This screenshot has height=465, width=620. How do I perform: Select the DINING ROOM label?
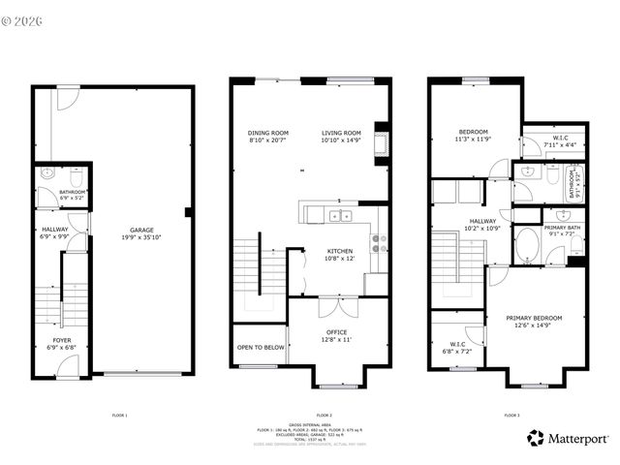(x=268, y=133)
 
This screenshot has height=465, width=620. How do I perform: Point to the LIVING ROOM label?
(x=341, y=133)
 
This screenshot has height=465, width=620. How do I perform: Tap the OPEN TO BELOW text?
(x=261, y=347)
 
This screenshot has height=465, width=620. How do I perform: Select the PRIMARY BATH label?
(x=561, y=227)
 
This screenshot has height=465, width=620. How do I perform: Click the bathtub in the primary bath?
(x=528, y=245)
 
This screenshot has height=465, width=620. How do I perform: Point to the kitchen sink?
(x=338, y=215)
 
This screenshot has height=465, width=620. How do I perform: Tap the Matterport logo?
(x=568, y=438)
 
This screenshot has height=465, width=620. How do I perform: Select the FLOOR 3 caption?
(x=511, y=415)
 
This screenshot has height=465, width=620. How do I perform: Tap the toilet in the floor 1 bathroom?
(x=48, y=175)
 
